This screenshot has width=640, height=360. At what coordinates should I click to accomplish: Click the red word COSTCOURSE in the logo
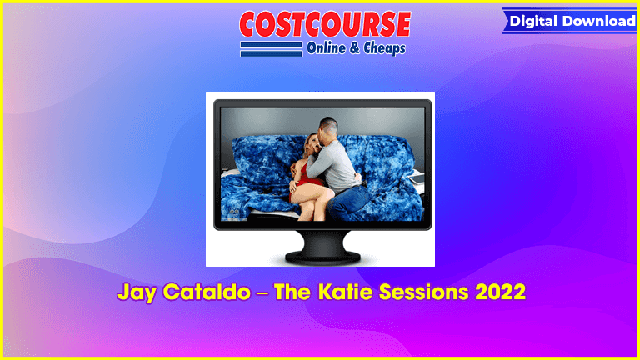325,24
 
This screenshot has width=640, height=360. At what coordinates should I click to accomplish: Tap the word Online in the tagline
326,48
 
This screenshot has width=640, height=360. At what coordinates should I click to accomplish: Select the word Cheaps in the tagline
384,48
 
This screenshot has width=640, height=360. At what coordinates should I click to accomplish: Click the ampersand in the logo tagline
355,48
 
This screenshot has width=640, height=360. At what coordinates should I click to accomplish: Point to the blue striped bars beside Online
272,49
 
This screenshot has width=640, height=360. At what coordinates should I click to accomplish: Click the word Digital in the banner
533,21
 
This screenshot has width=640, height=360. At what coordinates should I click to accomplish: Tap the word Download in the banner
599,21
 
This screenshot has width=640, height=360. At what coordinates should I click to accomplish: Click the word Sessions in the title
424,292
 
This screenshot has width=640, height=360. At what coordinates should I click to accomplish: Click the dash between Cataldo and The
262,293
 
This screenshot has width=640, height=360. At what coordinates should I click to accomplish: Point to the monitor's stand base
322,257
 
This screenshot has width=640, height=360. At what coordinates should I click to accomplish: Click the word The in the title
292,292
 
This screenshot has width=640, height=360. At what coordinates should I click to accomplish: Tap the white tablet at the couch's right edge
417,178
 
